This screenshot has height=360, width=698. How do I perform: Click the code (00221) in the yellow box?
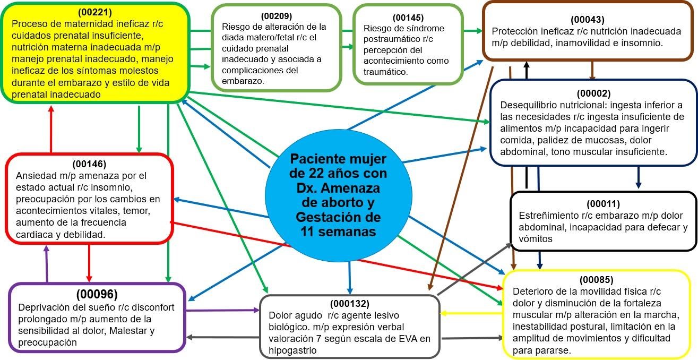coord(94,12)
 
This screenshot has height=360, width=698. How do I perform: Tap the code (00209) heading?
coord(277,16)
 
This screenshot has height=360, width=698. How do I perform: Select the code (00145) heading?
coord(408,18)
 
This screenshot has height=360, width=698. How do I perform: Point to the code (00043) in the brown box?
coord(588,20)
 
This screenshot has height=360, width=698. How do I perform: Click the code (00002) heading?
coord(593,93)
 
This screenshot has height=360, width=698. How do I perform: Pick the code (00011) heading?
coord(604,204)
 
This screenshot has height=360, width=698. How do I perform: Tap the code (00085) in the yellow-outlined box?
coord(597,280)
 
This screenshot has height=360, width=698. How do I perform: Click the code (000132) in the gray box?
coord(350,304)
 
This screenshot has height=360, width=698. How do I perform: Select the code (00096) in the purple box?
coord(97,294)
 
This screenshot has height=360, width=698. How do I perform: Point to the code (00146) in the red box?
coord(89,164)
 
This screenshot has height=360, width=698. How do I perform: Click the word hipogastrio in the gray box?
coord(292,350)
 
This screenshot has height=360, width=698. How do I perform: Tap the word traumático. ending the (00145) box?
coord(386,72)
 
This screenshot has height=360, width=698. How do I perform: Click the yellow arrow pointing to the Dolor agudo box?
coord(472,313)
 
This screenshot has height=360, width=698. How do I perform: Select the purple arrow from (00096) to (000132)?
coord(223,310)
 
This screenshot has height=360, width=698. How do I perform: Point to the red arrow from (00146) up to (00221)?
coord(51,129)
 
